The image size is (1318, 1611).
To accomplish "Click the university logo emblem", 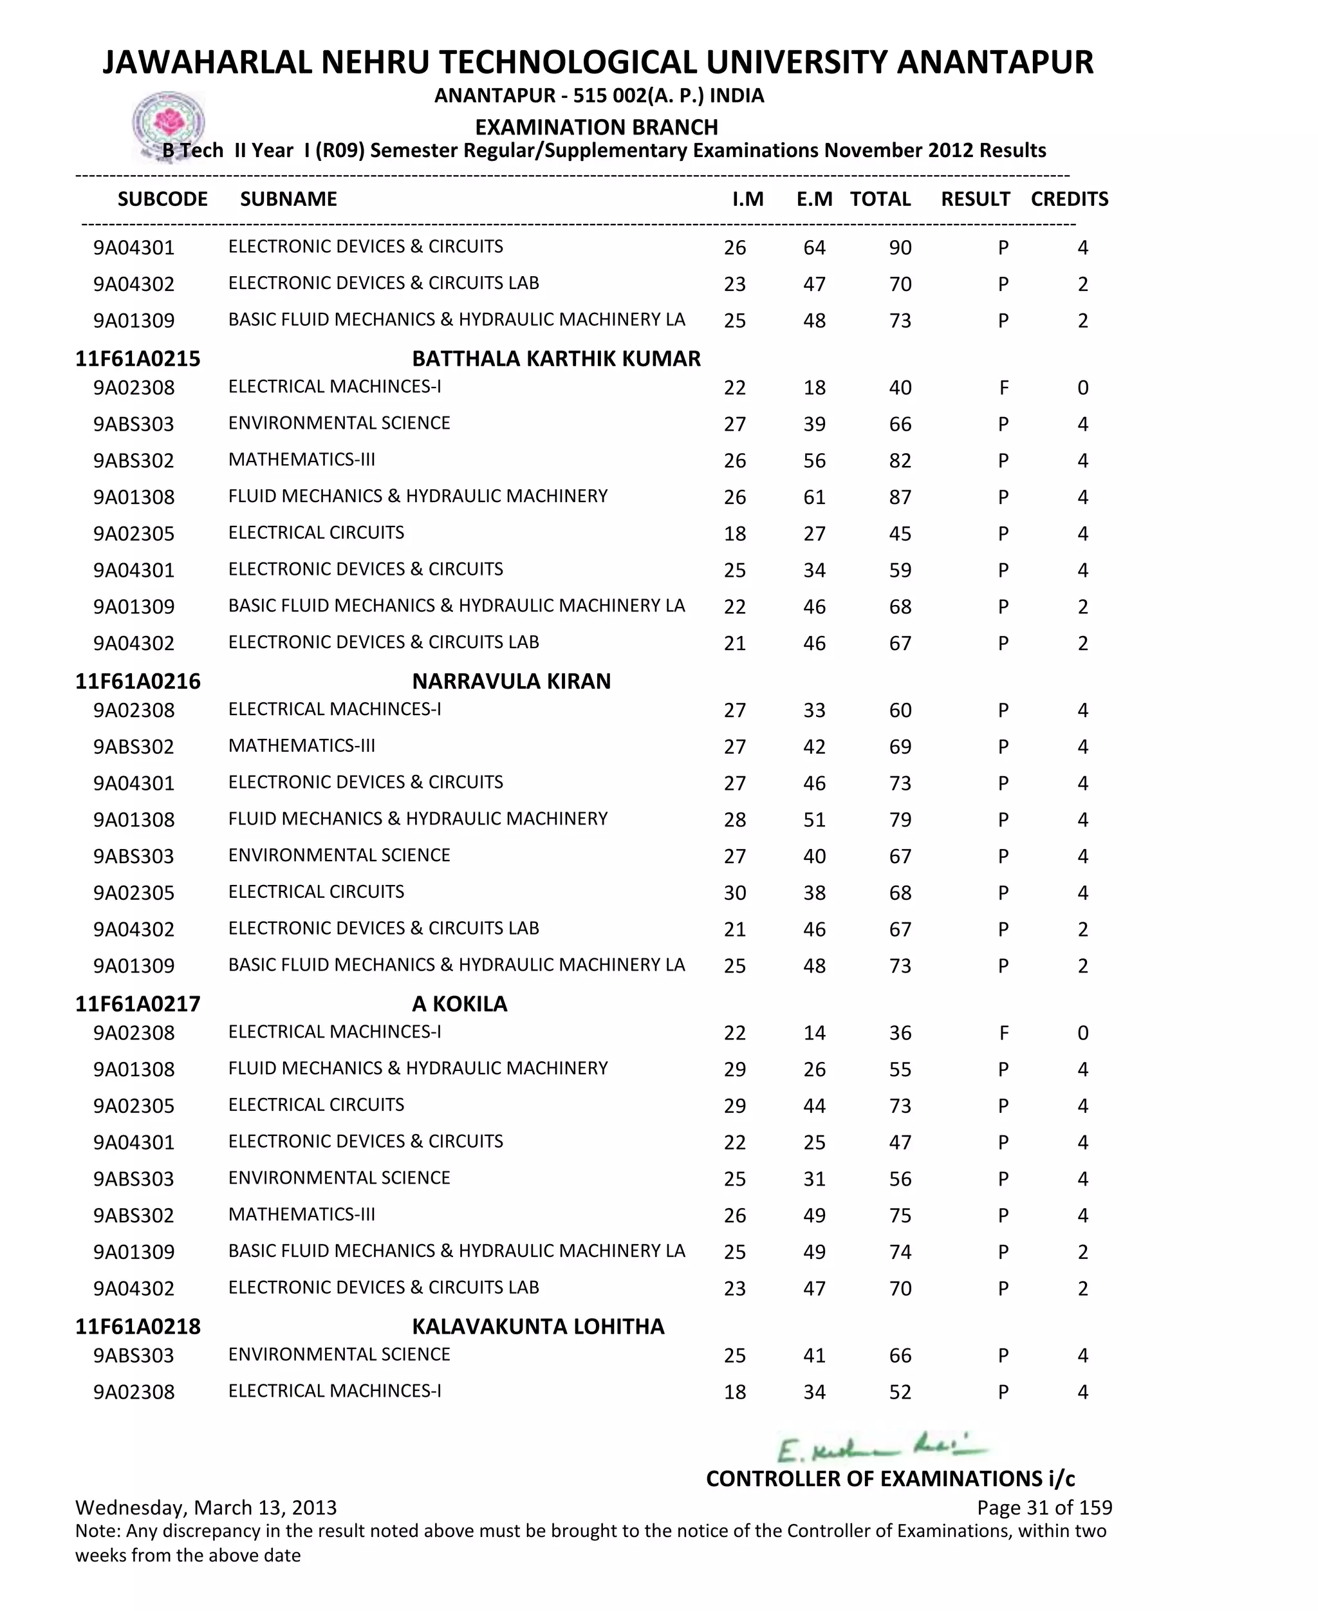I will [168, 124].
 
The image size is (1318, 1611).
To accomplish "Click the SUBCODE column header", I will [162, 199].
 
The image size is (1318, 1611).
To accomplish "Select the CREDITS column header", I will [1069, 199].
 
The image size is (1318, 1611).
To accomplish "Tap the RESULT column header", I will [975, 199].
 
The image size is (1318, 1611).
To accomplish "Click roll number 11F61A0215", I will [138, 359].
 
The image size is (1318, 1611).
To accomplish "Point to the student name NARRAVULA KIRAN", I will [511, 681].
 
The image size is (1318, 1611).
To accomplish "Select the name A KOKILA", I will [459, 1003].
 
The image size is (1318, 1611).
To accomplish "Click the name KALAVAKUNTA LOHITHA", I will [537, 1327].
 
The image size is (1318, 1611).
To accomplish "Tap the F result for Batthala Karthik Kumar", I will [1003, 388].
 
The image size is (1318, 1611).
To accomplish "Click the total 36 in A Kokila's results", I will [900, 1032].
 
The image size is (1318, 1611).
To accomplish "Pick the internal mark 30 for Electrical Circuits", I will [734, 893].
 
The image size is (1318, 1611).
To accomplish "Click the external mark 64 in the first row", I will [814, 248].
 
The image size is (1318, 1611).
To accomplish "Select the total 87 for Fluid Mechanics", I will [900, 498].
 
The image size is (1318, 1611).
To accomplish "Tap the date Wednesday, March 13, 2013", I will [206, 1507].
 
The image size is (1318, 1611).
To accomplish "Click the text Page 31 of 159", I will [1044, 1507].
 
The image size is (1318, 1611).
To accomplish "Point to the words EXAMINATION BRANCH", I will [596, 127].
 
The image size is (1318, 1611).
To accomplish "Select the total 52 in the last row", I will [900, 1392].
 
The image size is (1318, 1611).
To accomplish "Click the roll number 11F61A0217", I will [138, 1003].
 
